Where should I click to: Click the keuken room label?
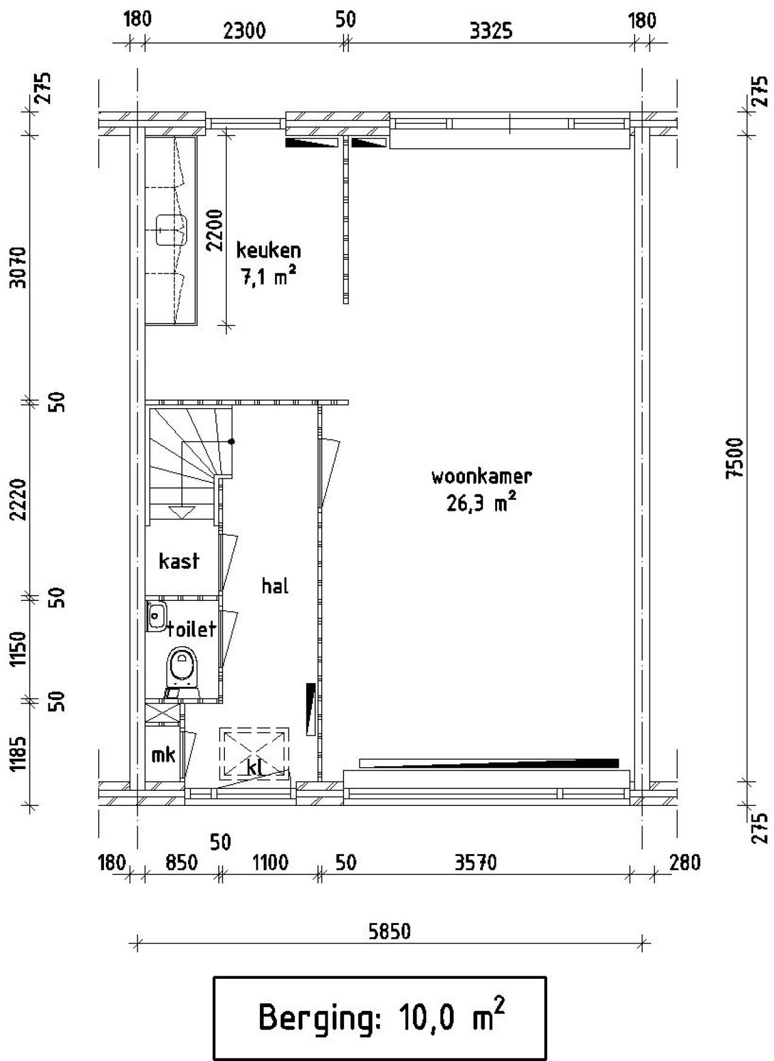[268, 250]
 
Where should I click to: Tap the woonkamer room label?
[481, 476]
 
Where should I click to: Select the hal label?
[275, 585]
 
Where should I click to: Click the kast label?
[179, 560]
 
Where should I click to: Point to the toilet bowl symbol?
[182, 669]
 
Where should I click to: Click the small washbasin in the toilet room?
[157, 616]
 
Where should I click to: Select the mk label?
[163, 754]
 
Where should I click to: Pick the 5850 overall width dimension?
[389, 931]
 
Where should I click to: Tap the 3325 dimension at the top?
[491, 30]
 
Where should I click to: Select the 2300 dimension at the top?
[244, 30]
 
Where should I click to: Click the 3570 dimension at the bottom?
[476, 862]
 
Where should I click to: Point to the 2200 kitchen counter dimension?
[215, 230]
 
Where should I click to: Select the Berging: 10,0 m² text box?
[380, 1017]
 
